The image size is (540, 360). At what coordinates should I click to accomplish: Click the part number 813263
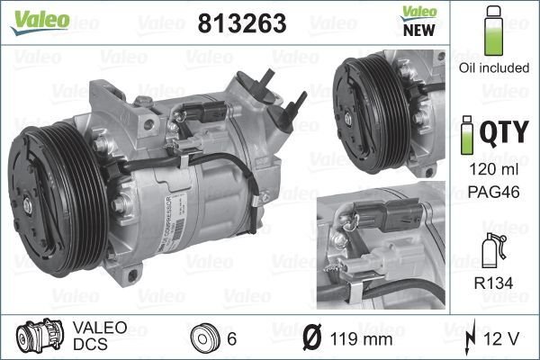tap(242, 23)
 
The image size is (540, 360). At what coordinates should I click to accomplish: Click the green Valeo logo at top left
tap(40, 22)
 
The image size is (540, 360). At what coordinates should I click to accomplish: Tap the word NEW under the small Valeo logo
tap(418, 31)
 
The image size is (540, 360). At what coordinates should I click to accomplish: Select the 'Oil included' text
tap(494, 67)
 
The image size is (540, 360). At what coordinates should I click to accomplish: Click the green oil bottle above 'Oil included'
tap(493, 31)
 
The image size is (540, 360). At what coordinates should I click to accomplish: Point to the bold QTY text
tap(504, 132)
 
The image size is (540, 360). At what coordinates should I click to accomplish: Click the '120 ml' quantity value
tap(494, 169)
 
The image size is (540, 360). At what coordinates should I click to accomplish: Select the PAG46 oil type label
tap(494, 193)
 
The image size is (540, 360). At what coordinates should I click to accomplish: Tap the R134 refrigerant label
tap(493, 283)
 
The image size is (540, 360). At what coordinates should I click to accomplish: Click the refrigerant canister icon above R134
tap(493, 250)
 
